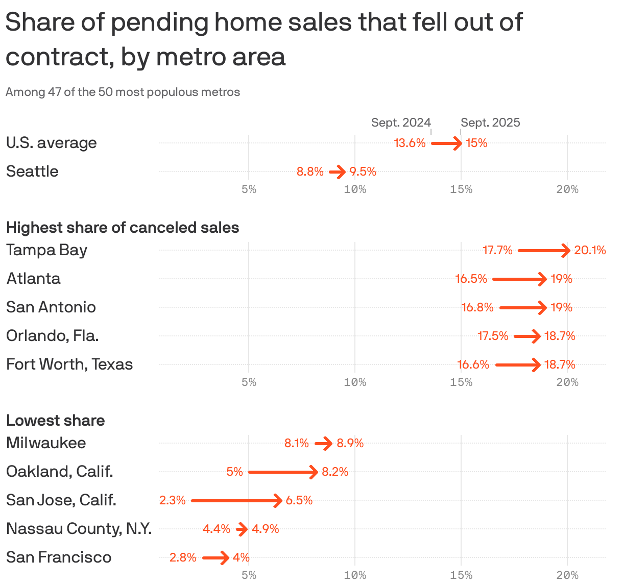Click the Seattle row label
(32, 172)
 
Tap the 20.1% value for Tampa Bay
(590, 250)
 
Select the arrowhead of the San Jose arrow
(278, 500)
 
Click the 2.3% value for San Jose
(172, 500)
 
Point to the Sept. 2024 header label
(401, 123)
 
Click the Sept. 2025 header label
(490, 123)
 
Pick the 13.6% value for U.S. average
(410, 143)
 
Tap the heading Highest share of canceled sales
(123, 227)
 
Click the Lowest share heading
(55, 420)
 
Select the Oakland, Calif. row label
(60, 471)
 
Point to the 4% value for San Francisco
(241, 557)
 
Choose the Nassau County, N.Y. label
(79, 528)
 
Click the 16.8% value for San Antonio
(477, 307)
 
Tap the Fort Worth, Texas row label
(69, 364)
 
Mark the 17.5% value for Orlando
(493, 336)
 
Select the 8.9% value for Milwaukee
(350, 443)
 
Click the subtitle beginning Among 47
(123, 92)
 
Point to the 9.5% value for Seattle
(363, 172)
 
